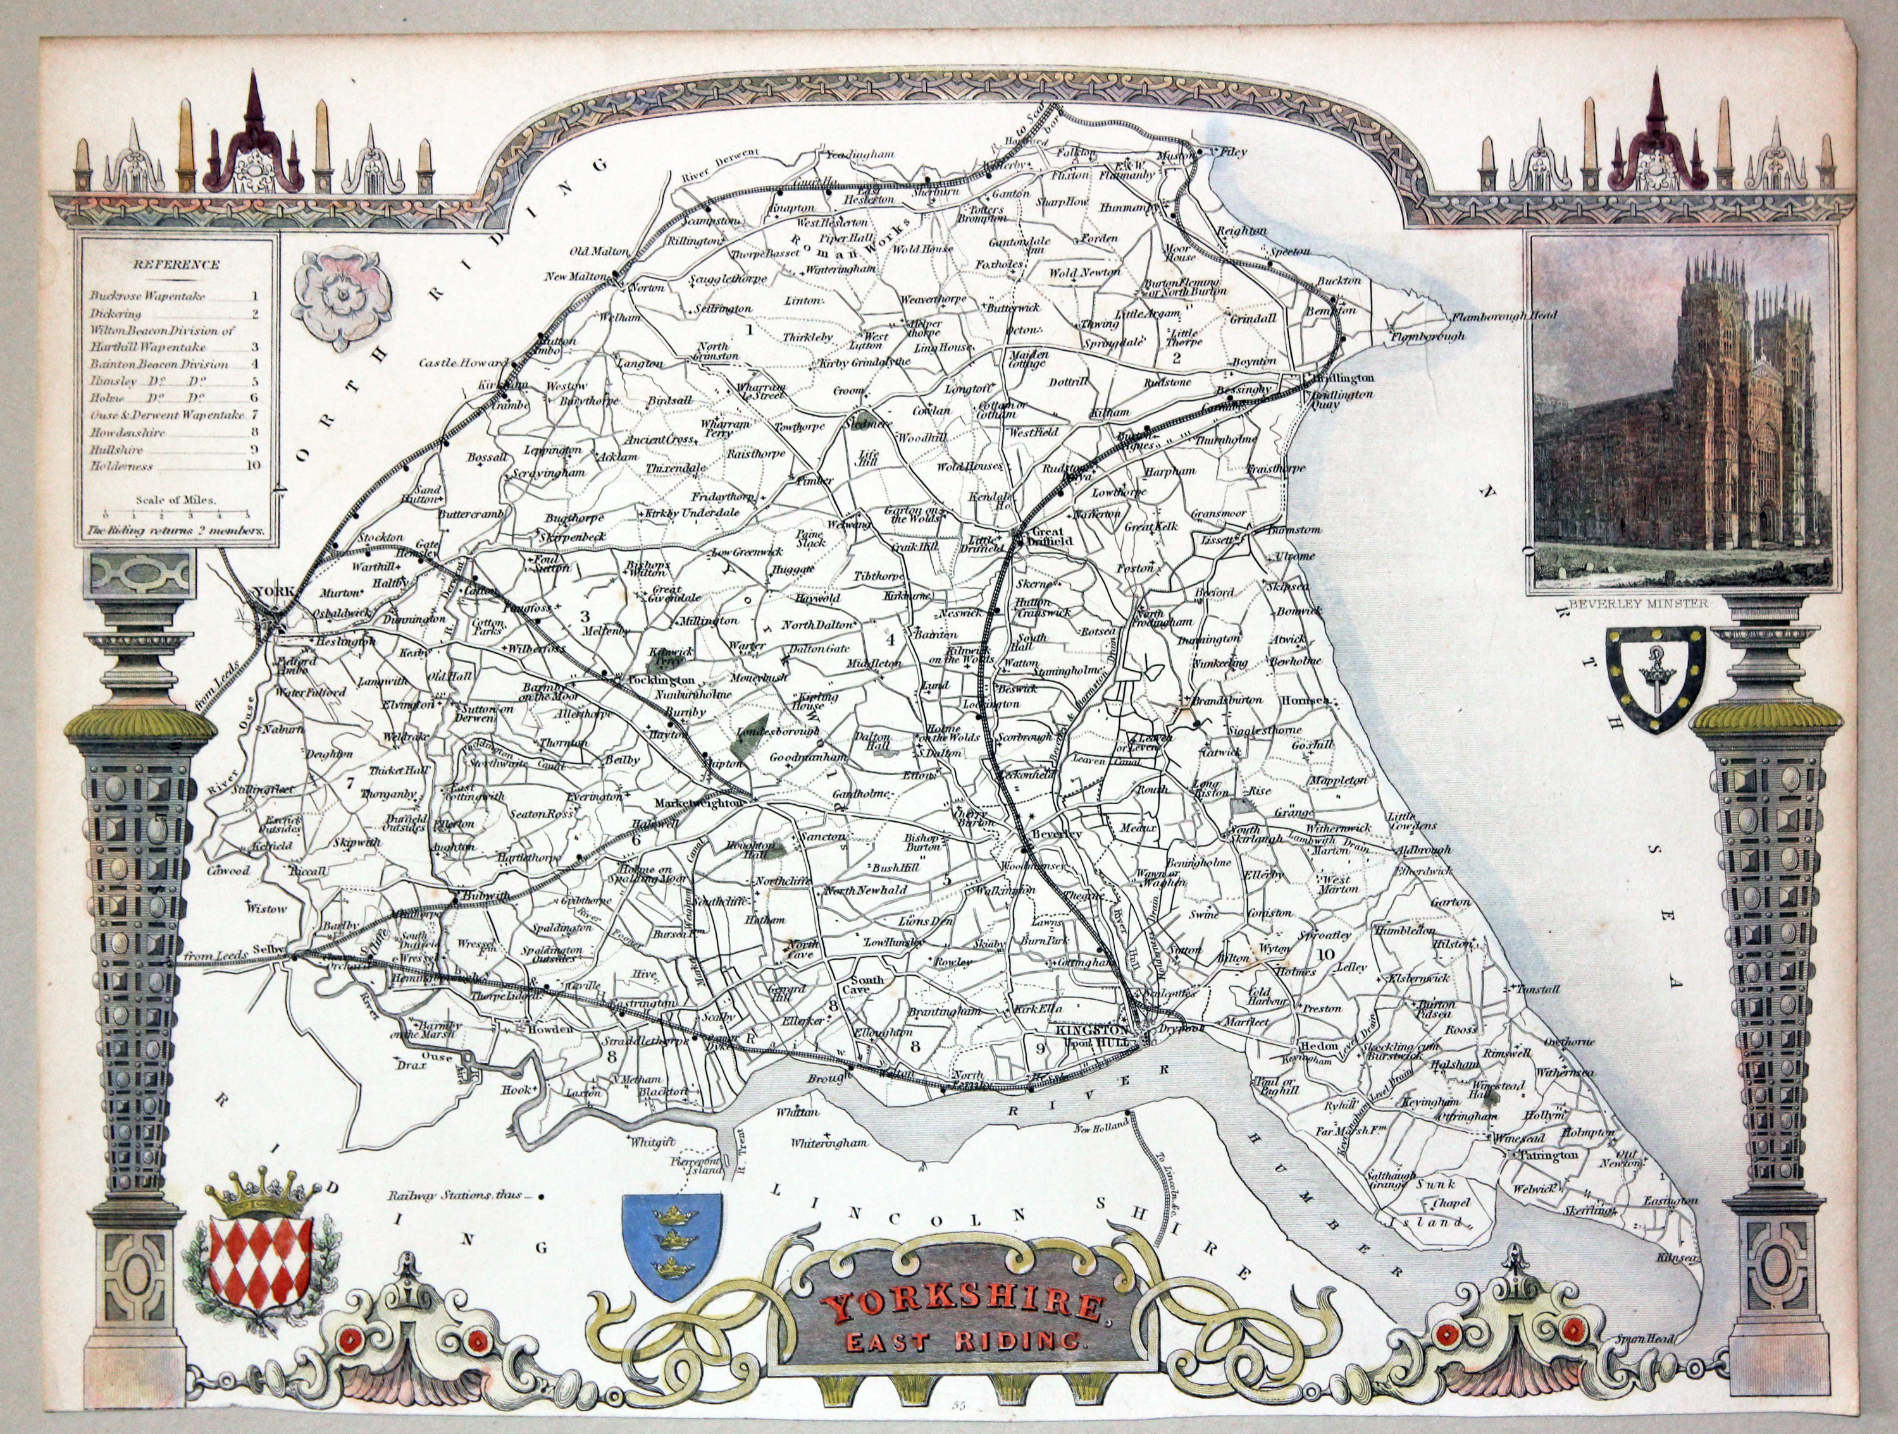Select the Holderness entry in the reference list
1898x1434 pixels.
click(122, 467)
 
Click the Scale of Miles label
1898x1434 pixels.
click(175, 499)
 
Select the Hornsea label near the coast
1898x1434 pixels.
click(1304, 701)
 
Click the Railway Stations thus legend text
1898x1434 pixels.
click(459, 1195)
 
